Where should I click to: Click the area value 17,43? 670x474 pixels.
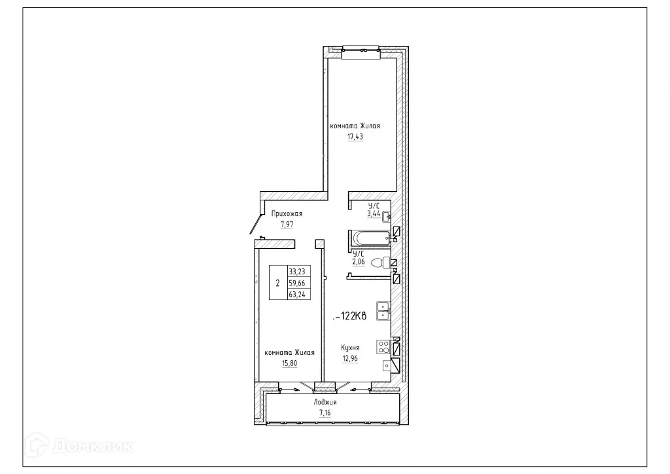pos(355,137)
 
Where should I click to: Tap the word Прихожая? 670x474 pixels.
pos(287,214)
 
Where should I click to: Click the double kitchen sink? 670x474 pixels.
pos(383,310)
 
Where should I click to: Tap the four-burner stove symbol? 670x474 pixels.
pos(383,347)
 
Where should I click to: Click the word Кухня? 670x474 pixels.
pos(350,348)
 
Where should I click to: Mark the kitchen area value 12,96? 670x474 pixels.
pos(350,358)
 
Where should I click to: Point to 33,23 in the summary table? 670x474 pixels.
pos(298,272)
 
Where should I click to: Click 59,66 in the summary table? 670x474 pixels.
pos(298,283)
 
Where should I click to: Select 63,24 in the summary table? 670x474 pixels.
pos(298,295)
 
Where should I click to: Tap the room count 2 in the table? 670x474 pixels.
pos(278,283)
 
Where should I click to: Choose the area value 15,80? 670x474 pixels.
pos(289,363)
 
